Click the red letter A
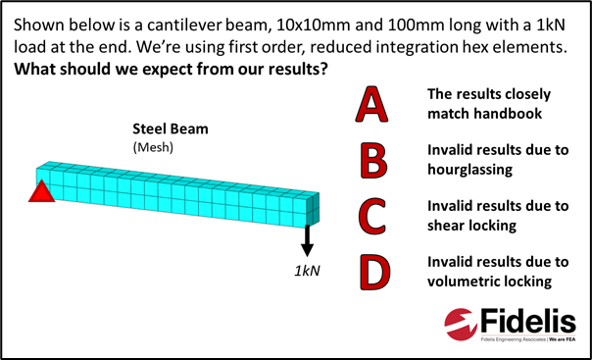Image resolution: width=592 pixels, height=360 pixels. [371, 104]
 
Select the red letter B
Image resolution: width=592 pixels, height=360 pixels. [372, 160]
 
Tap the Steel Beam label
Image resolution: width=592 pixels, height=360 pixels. [171, 129]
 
